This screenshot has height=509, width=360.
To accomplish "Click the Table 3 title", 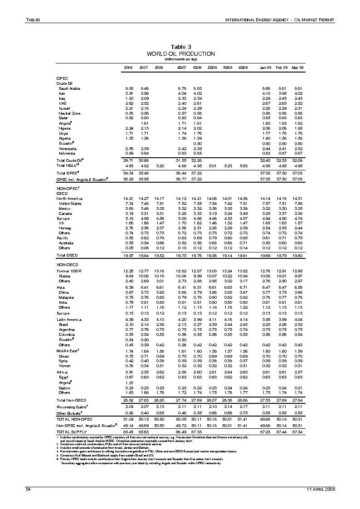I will pyautogui.click(x=180, y=47).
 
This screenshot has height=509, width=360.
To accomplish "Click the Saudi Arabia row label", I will pyautogui.click(x=69, y=88).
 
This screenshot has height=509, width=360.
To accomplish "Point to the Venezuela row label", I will pyautogui.click(x=67, y=148).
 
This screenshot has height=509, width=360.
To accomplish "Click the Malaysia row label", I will pyautogui.click(x=66, y=297).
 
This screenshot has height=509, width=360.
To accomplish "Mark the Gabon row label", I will pyautogui.click(x=64, y=388).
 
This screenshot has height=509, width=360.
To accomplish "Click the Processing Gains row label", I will pyautogui.click(x=71, y=407).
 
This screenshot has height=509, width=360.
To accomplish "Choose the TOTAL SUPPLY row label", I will pyautogui.click(x=72, y=432).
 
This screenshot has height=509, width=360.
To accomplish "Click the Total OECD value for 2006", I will pyautogui.click(x=128, y=255).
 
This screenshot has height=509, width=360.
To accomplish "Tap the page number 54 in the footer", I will pyautogui.click(x=28, y=489).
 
